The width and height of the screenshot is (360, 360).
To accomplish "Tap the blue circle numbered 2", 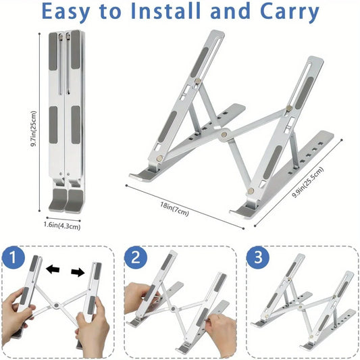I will click(137, 257).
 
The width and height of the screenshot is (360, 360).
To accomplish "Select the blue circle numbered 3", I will click(259, 257).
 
